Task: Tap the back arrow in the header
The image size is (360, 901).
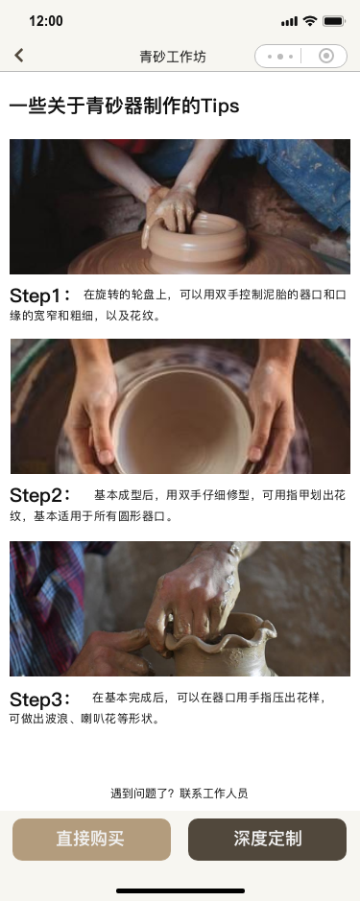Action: (19, 56)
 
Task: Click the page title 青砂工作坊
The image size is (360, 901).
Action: (180, 57)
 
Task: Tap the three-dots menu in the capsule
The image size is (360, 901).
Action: (279, 57)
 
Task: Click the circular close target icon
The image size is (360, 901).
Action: (326, 57)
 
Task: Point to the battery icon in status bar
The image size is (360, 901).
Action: (334, 21)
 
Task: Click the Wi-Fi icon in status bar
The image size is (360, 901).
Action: (309, 21)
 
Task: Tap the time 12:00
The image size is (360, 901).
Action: (46, 21)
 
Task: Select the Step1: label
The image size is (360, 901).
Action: (40, 295)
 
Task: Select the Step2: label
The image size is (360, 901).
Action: (40, 495)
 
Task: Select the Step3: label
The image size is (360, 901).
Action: (40, 698)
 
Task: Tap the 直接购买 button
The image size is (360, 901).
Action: (91, 839)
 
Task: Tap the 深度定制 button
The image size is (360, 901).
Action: (267, 839)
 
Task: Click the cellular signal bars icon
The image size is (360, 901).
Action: (289, 21)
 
